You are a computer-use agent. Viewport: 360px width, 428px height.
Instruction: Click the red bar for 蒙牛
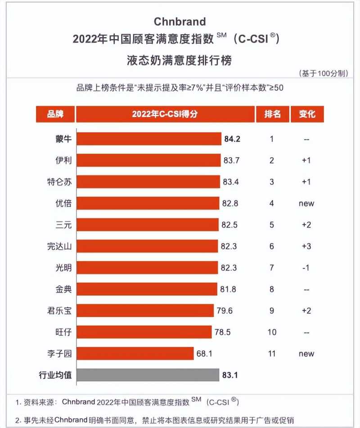(x=149, y=139)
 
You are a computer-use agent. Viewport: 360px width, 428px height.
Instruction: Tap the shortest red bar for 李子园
(x=135, y=353)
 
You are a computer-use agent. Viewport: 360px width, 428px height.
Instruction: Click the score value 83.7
(x=231, y=160)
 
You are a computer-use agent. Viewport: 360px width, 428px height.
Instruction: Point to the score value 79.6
(x=224, y=311)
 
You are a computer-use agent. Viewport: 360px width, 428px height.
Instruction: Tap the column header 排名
(x=272, y=114)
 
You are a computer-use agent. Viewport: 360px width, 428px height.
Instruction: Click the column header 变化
(x=307, y=114)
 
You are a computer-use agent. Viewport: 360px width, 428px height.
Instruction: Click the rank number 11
(x=272, y=354)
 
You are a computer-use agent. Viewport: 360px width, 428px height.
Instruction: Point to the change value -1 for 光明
(x=306, y=268)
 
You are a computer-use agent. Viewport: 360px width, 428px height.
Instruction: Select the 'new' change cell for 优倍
(x=306, y=203)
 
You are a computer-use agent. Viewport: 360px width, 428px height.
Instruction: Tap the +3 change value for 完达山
(x=306, y=246)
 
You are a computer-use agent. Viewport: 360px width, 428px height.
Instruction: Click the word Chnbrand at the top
(x=180, y=21)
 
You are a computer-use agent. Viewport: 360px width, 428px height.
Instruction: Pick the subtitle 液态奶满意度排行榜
(x=180, y=60)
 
